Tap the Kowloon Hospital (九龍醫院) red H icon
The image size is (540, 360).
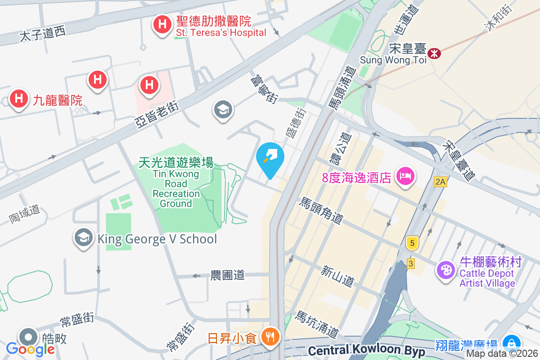click(19, 99)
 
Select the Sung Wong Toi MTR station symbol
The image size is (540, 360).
click(434, 53)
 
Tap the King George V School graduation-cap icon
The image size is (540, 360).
click(84, 238)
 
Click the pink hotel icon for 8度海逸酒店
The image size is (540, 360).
click(405, 176)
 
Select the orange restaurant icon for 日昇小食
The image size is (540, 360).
click(270, 337)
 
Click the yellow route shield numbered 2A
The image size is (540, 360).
click(441, 182)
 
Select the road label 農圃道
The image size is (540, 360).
click(228, 275)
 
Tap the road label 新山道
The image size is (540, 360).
click(337, 276)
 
